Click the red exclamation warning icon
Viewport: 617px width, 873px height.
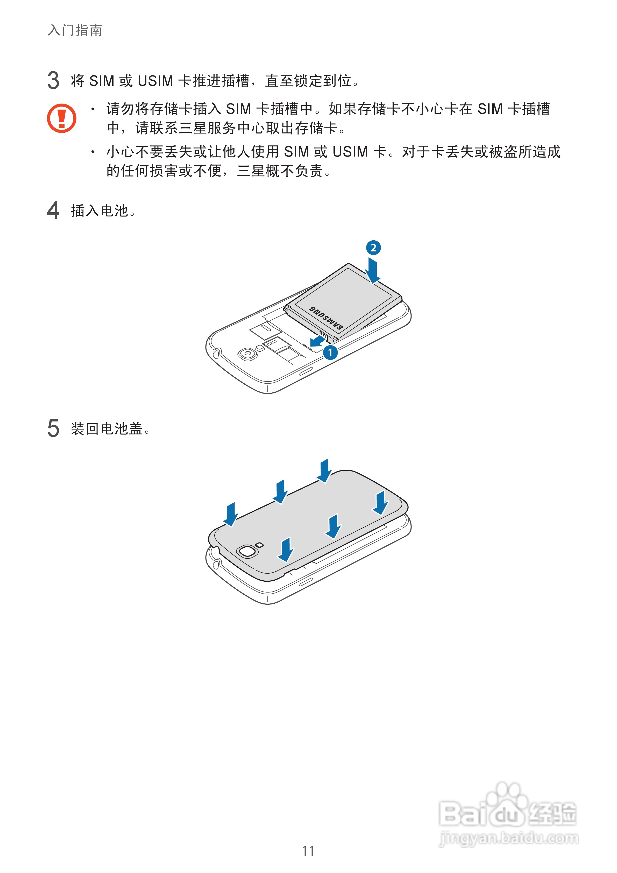coord(62,118)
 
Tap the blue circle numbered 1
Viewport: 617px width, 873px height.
coord(330,353)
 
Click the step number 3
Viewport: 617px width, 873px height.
coord(53,81)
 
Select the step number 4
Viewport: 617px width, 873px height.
coord(53,210)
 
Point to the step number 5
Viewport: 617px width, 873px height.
coord(53,428)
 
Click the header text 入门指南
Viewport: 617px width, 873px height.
coord(75,30)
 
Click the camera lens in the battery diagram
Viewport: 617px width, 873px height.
coord(247,354)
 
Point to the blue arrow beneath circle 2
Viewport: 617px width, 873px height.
coord(373,271)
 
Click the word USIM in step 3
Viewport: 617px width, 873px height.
coord(155,81)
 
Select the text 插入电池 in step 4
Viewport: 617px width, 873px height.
coord(100,211)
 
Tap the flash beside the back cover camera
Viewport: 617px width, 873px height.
coord(260,545)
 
